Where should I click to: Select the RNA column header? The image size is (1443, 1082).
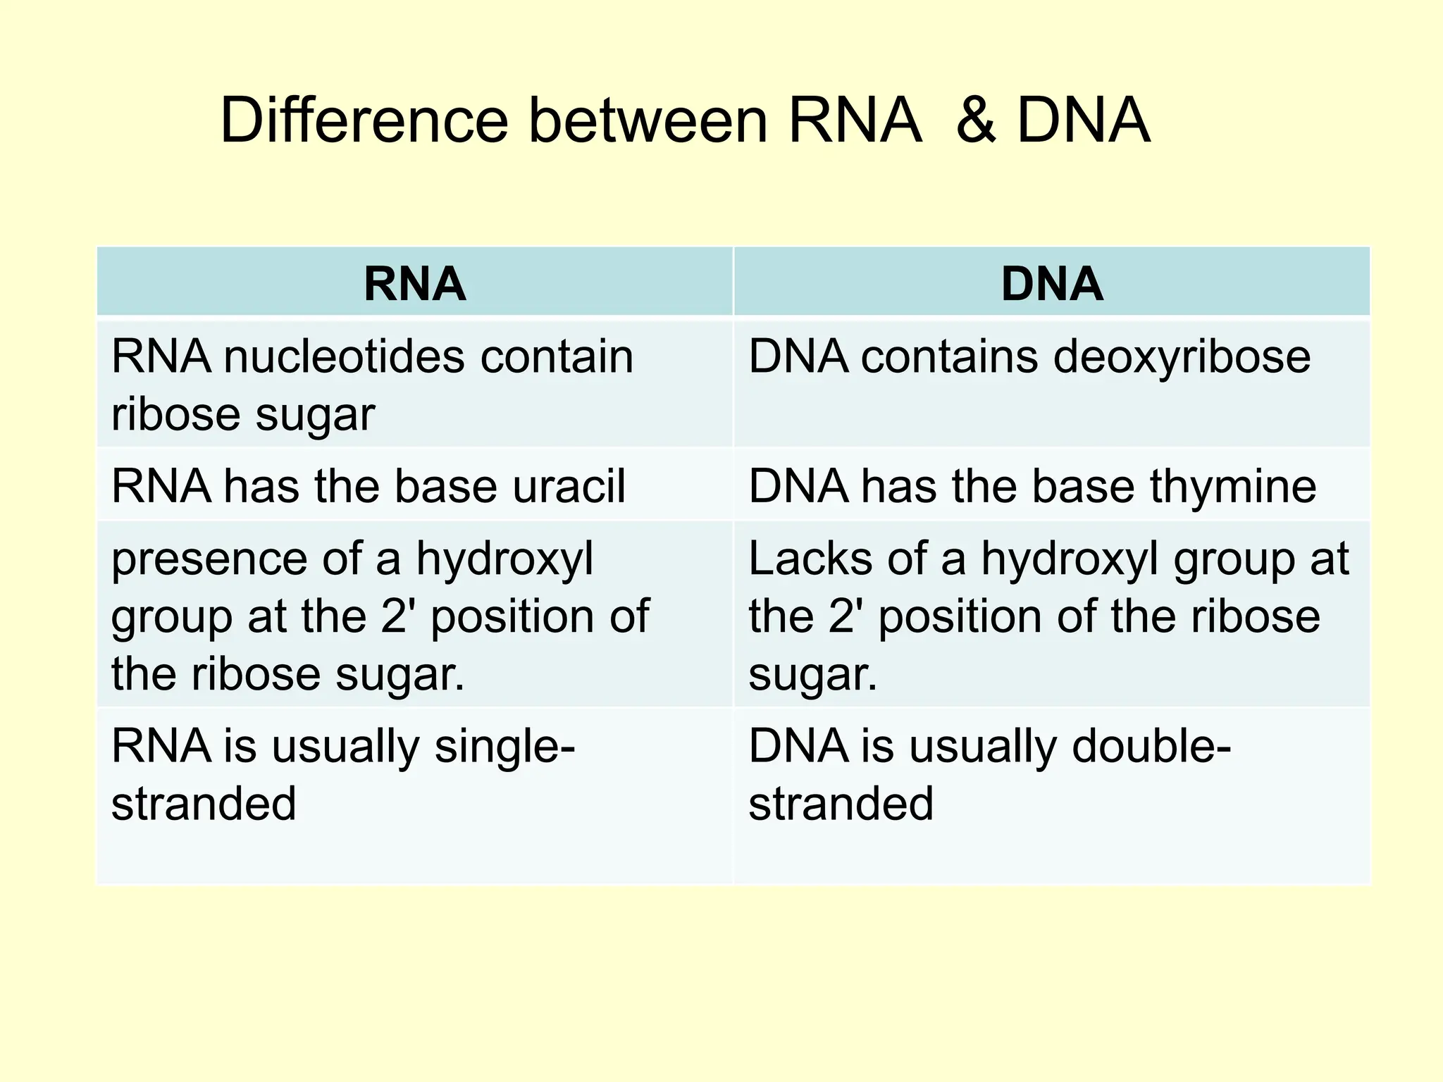pos(414,284)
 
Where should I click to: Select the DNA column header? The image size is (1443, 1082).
pos(1052,284)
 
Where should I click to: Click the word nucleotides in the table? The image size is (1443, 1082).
pos(344,356)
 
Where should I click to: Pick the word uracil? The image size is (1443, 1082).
pos(569,486)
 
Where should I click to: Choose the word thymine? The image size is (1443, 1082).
pos(1233,486)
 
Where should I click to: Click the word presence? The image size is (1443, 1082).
pos(209,559)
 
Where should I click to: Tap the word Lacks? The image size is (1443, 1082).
pos(810,559)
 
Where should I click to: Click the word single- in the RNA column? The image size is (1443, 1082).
pos(504,747)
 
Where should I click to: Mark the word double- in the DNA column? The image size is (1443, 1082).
pos(1151,747)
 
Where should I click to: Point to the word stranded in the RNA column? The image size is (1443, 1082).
pos(204,804)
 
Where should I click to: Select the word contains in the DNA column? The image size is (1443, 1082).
pos(949,356)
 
